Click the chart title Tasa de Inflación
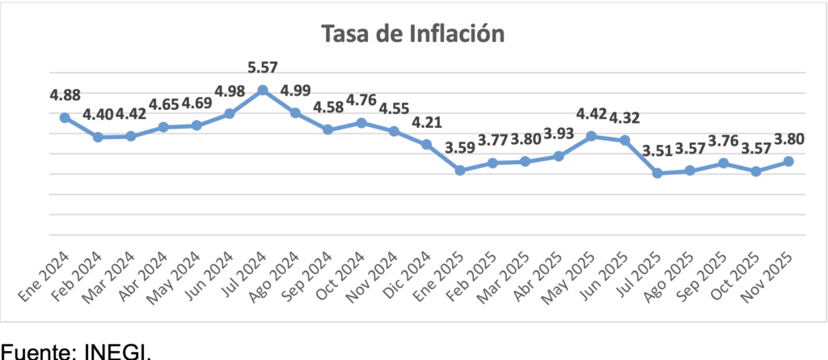click(x=413, y=33)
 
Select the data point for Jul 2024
click(x=263, y=89)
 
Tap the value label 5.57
click(x=263, y=66)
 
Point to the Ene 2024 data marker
click(x=65, y=117)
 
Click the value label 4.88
click(x=65, y=95)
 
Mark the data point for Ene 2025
click(x=460, y=170)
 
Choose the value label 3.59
click(x=460, y=148)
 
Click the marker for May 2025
click(x=592, y=136)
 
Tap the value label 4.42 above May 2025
click(x=592, y=113)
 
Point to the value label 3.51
click(x=657, y=150)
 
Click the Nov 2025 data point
click(x=789, y=162)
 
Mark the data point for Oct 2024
click(x=361, y=122)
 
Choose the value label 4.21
click(x=427, y=122)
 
